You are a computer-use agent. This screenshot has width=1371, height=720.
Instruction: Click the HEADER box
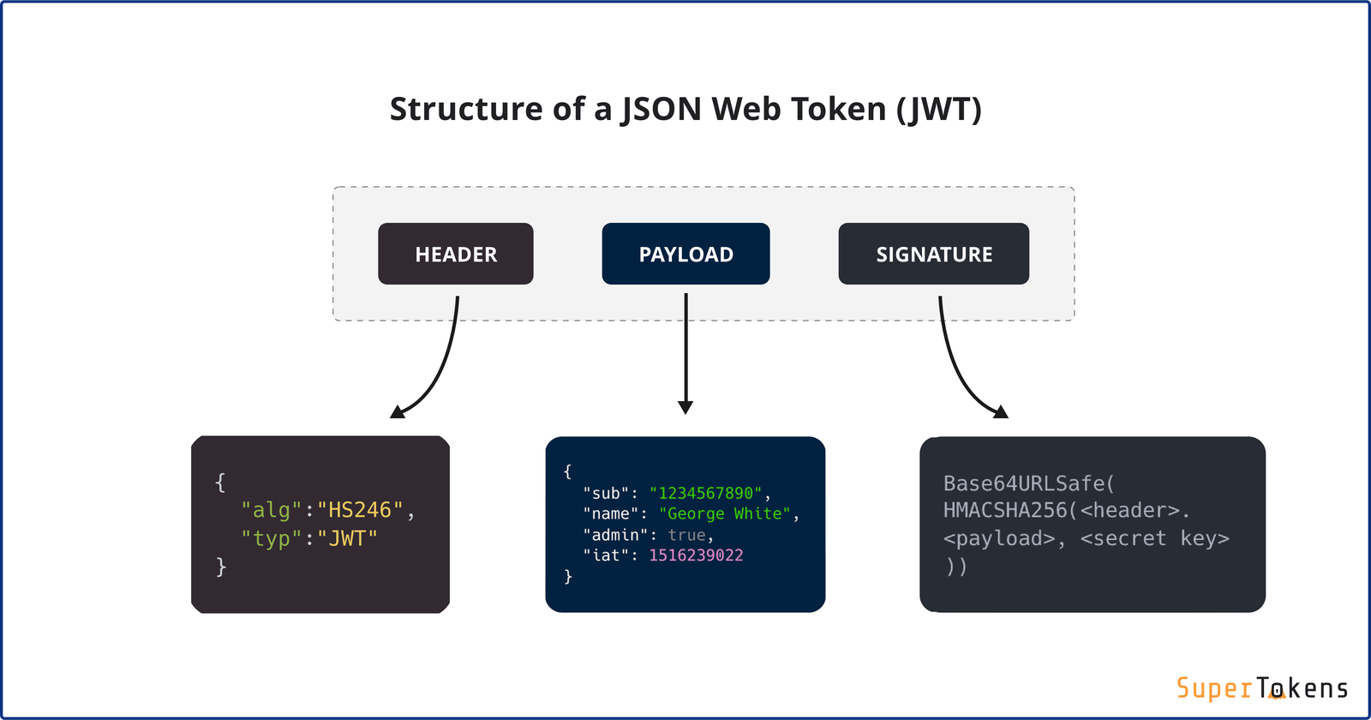[x=455, y=254]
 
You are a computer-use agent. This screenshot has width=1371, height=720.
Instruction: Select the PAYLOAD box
[x=685, y=254]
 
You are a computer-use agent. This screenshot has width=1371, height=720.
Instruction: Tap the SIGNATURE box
[x=933, y=254]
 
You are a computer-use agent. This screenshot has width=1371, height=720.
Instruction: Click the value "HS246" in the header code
[x=360, y=510]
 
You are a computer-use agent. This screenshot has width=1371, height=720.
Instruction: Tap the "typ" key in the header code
[x=271, y=538]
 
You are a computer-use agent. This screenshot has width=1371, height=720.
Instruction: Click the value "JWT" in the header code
[x=347, y=538]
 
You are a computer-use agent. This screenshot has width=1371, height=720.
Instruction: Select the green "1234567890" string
[x=705, y=493]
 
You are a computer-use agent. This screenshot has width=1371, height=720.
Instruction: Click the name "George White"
[x=724, y=513]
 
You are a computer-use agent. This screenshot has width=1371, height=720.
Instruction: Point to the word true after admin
[x=686, y=535]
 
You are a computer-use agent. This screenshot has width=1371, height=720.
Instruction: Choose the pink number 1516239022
[x=696, y=555]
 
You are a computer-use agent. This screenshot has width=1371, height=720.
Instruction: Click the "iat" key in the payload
[x=605, y=555]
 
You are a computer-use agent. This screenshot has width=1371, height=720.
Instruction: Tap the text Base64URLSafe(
[x=1028, y=483]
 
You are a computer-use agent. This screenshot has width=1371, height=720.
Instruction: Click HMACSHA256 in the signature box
[x=1005, y=511]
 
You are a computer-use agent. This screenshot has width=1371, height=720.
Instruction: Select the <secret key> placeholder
[x=1154, y=538]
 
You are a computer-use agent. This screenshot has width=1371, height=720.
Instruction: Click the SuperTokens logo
[x=1261, y=688]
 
